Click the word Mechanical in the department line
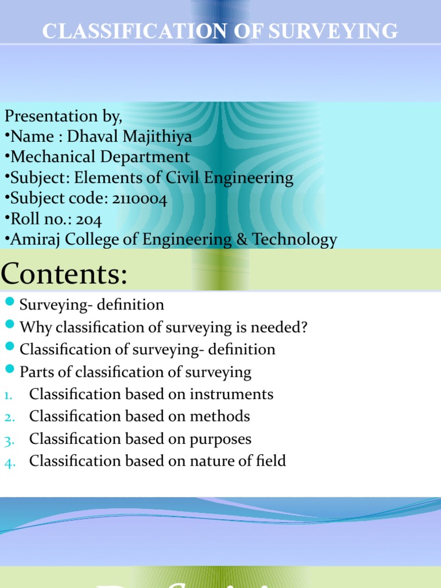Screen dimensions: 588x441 (55, 157)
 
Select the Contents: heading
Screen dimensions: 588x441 (63, 274)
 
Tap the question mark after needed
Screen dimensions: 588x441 (304, 327)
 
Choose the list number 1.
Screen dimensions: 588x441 (7, 396)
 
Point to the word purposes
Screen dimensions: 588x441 (220, 439)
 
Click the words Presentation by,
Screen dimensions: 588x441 (63, 116)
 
